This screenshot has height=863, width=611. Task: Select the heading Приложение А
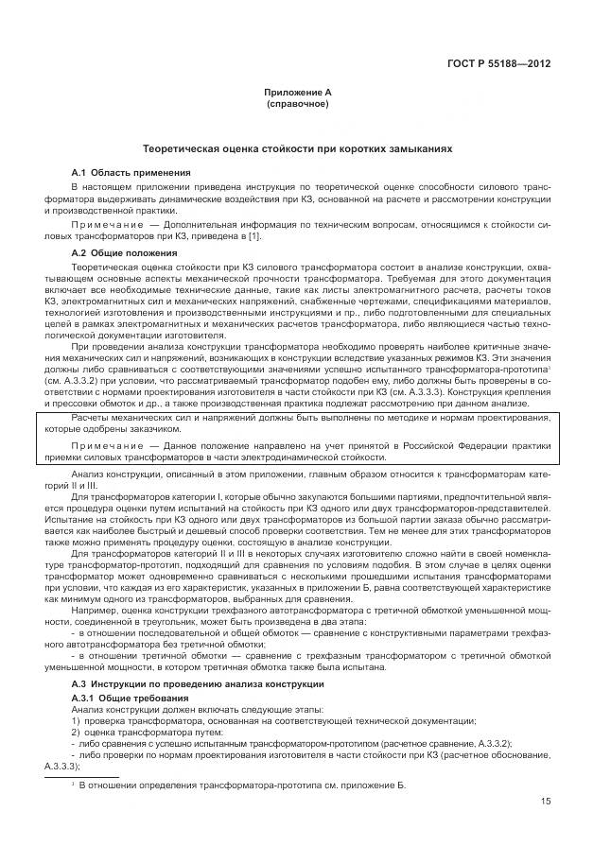(298, 93)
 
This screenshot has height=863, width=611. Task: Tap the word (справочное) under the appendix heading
(298, 103)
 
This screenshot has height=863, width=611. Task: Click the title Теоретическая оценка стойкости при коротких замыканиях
(298, 149)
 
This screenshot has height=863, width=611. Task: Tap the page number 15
(546, 802)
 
